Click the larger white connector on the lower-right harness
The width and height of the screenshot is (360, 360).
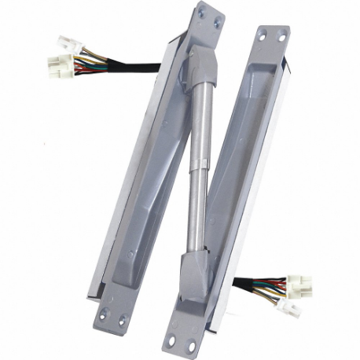(298, 284)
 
